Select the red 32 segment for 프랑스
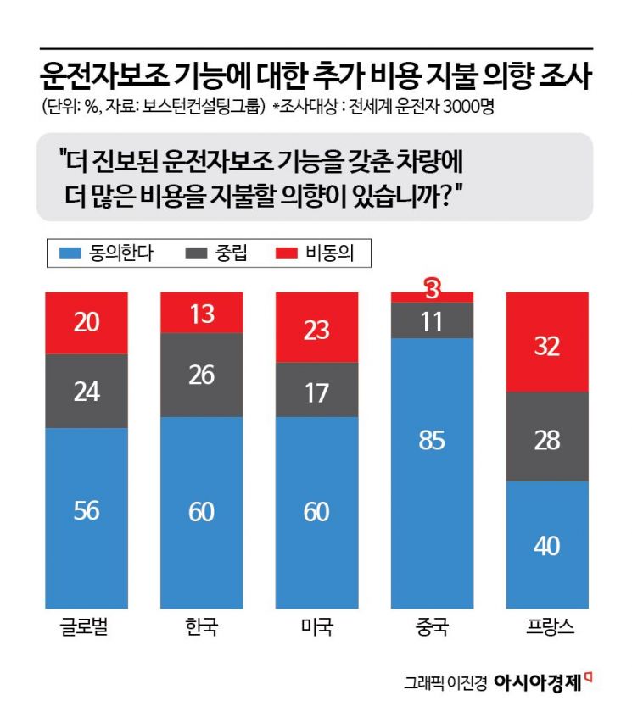[547, 342]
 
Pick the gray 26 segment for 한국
[202, 375]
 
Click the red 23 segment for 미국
[316, 328]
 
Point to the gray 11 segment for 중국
[432, 320]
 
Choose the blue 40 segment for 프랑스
[547, 544]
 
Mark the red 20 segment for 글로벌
[86, 322]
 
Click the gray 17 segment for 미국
[316, 390]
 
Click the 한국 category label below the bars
[202, 629]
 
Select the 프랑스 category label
[547, 629]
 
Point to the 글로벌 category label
[86, 629]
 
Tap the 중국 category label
[432, 629]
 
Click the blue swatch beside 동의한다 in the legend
[69, 253]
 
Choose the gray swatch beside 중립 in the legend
[195, 253]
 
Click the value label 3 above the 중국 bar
[432, 290]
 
